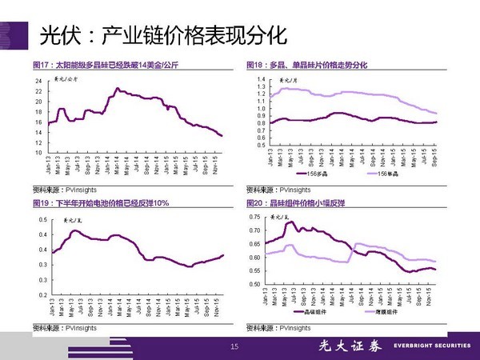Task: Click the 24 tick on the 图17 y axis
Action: [x=38, y=82]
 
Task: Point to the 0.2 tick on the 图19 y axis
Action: [x=42, y=296]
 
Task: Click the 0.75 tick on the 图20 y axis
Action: [x=256, y=218]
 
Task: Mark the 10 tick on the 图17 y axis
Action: [x=38, y=152]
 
